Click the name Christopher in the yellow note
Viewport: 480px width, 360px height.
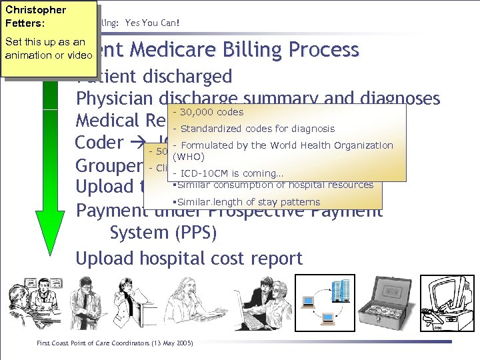[x=35, y=10]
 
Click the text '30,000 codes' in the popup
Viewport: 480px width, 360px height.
[x=209, y=112]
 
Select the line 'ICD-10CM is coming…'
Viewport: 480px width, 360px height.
[x=227, y=173]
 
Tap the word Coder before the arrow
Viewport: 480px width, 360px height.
[x=99, y=143]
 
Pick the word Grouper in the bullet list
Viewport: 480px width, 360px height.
[x=109, y=165]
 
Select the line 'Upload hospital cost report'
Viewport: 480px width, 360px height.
[x=189, y=258]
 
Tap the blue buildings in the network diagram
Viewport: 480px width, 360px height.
[x=340, y=291]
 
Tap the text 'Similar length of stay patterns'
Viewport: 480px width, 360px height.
[x=247, y=202]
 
